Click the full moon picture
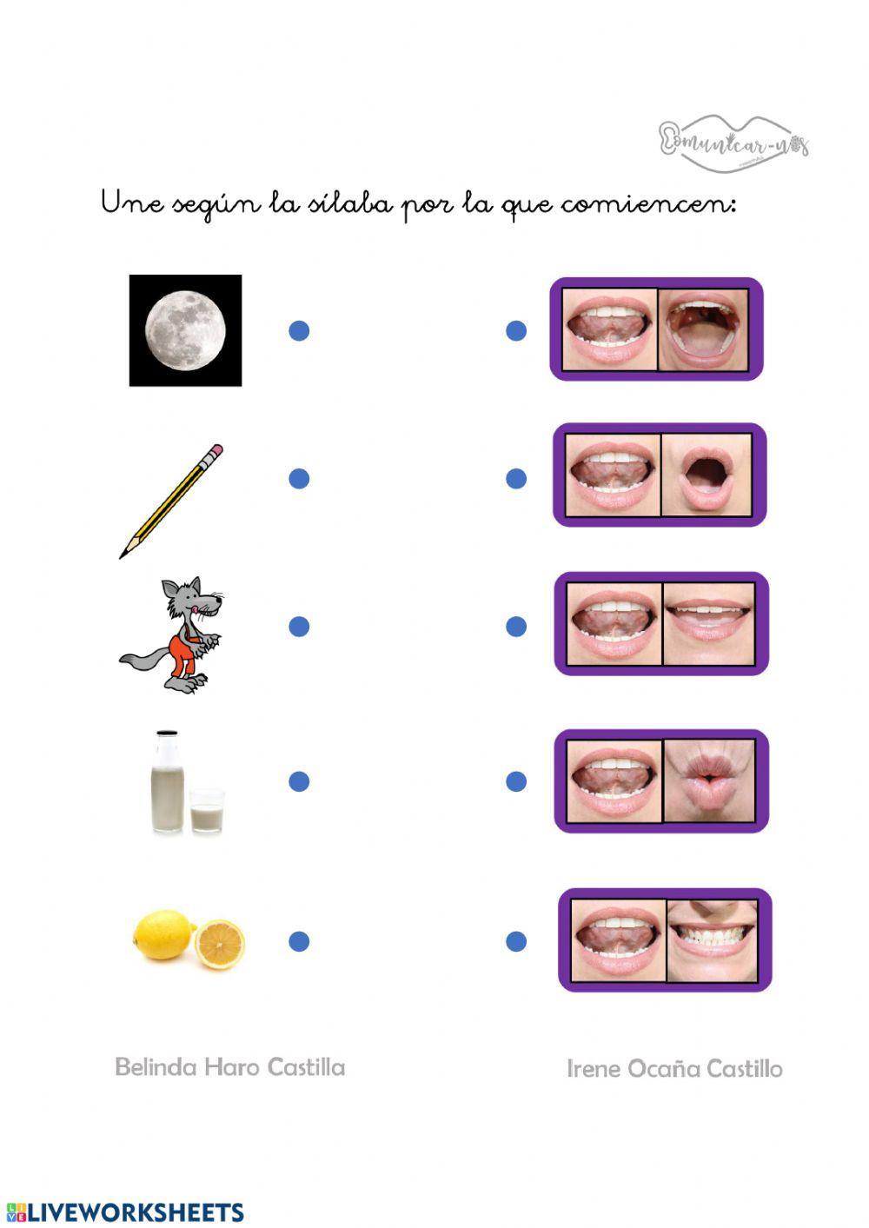pyautogui.click(x=185, y=330)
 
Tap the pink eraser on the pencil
pyautogui.click(x=215, y=452)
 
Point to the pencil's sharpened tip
pyautogui.click(x=124, y=553)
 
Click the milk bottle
pyautogui.click(x=167, y=782)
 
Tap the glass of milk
pyautogui.click(x=207, y=810)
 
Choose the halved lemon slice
pyautogui.click(x=219, y=945)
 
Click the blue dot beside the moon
pyautogui.click(x=299, y=330)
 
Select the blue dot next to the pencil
pyautogui.click(x=299, y=478)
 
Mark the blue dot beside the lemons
pyautogui.click(x=299, y=940)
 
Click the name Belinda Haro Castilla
pyautogui.click(x=229, y=1067)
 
